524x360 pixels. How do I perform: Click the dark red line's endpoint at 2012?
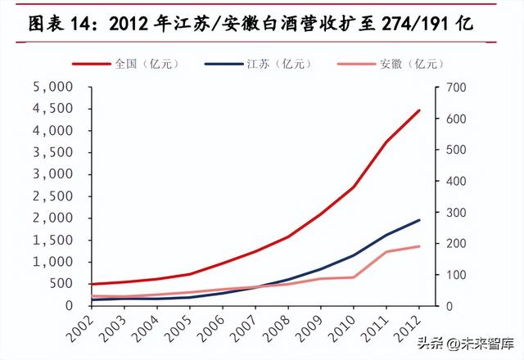[420, 110]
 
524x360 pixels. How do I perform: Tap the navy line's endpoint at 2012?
[420, 220]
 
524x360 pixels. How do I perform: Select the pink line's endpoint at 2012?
[420, 246]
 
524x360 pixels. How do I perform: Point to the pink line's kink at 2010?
[354, 277]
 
